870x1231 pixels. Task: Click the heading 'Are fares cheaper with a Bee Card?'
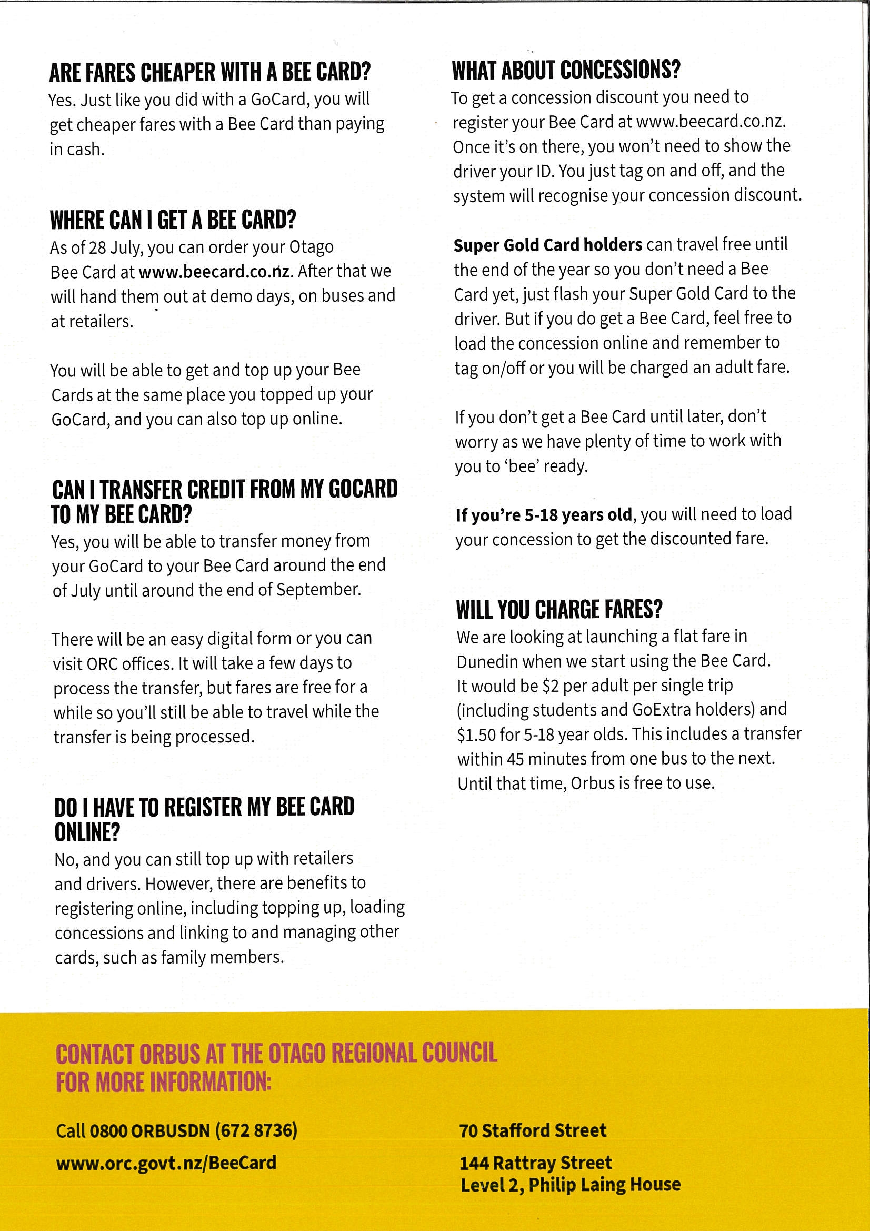(209, 72)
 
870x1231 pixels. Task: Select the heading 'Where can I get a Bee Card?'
(173, 220)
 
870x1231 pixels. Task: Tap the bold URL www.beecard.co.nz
(214, 271)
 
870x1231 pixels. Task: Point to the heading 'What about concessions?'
(566, 70)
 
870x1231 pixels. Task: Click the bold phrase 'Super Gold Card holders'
(547, 245)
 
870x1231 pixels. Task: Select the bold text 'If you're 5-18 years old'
(544, 515)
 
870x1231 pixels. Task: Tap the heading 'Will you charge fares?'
(559, 610)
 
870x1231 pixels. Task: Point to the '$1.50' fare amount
(476, 734)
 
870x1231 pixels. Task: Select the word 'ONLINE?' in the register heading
(87, 832)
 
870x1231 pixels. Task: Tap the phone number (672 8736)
(256, 1130)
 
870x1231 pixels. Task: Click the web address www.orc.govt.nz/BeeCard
(166, 1163)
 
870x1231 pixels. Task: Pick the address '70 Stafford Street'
(532, 1130)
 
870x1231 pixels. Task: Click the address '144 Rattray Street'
(535, 1163)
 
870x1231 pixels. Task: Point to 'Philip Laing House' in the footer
(604, 1184)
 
